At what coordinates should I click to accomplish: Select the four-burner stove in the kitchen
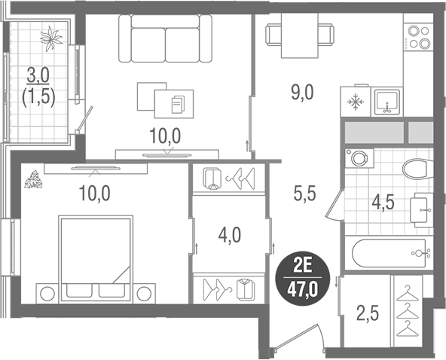point(417,38)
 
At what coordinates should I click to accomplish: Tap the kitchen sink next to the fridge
point(387,101)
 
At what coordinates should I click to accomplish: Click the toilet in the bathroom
point(416,167)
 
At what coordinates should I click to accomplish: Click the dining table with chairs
point(301,38)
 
